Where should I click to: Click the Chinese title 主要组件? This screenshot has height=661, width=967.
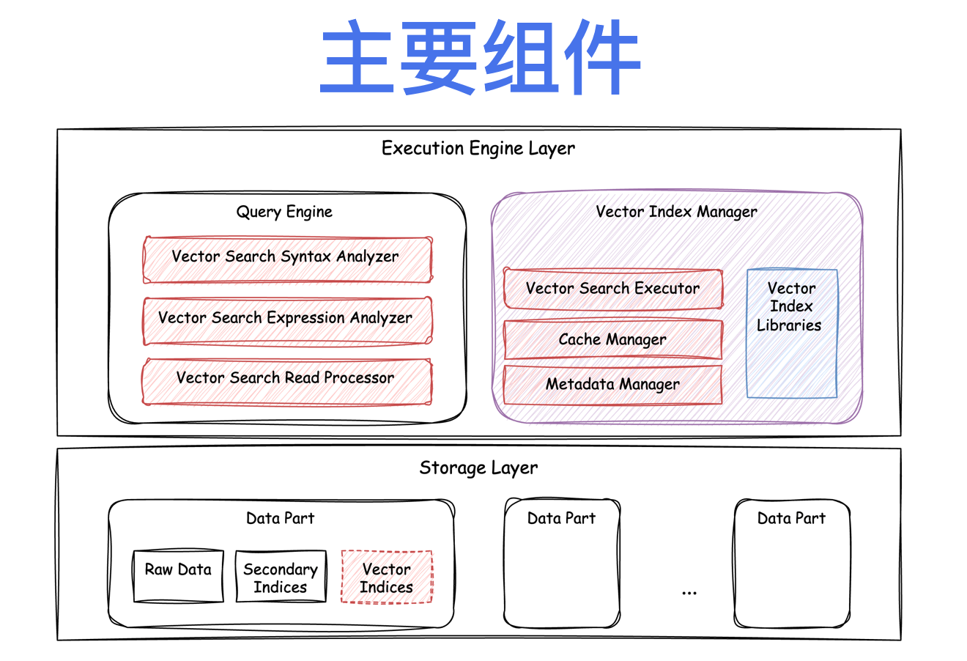click(481, 57)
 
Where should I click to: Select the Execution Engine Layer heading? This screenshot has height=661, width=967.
click(478, 148)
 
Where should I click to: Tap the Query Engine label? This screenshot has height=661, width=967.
click(284, 212)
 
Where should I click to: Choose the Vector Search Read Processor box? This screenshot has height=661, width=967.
click(286, 380)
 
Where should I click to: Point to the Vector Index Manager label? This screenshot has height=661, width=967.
click(676, 212)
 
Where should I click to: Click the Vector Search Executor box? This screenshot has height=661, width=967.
click(613, 289)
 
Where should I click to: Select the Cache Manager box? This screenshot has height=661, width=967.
click(613, 339)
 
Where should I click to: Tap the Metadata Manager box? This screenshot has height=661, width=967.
click(613, 385)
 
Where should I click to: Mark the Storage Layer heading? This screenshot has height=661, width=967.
click(478, 468)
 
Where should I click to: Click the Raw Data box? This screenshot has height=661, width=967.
click(178, 576)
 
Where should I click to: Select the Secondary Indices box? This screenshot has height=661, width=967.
click(281, 577)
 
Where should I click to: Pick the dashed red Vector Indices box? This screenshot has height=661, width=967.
click(387, 577)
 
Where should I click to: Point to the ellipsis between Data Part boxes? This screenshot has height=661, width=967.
click(689, 592)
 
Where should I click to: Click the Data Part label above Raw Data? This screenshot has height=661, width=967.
click(280, 518)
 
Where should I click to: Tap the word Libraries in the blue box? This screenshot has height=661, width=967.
click(789, 325)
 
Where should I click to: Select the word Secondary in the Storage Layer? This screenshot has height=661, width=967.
click(281, 569)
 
